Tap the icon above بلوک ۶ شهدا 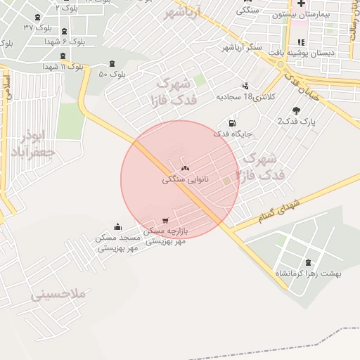pyautogui.click(x=65, y=31)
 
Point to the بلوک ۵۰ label pyautogui.click(x=112, y=74)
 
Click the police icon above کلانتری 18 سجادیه pyautogui.click(x=245, y=84)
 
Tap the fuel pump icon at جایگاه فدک pyautogui.click(x=233, y=123)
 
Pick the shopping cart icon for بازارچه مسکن pyautogui.click(x=165, y=221)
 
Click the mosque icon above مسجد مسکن pyautogui.click(x=117, y=226)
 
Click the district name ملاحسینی pyautogui.click(x=58, y=294)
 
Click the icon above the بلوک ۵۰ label pyautogui.click(x=112, y=64)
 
